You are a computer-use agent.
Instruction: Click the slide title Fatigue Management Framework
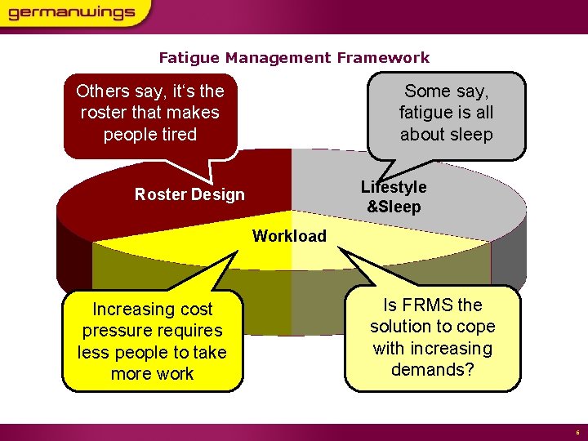pos(294,57)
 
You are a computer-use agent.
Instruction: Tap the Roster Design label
pos(189,194)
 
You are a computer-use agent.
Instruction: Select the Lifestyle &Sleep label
pos(394,197)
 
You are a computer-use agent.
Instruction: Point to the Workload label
pos(289,236)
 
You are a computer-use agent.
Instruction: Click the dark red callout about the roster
pos(150,113)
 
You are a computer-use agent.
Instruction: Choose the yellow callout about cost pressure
pos(152,341)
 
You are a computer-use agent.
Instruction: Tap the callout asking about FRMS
pos(433,336)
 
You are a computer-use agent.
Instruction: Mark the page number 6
pos(577,433)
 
